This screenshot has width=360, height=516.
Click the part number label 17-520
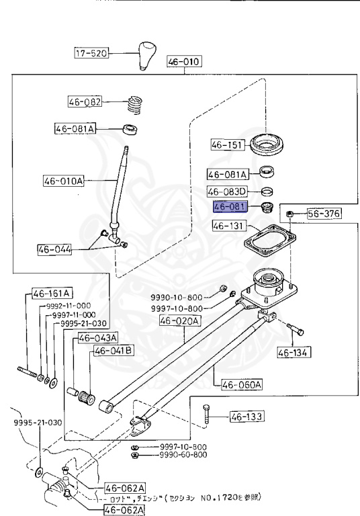click(x=91, y=52)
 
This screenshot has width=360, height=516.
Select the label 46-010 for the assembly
click(x=184, y=62)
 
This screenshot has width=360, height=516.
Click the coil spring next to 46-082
click(x=136, y=104)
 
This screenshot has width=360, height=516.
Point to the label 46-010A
click(x=64, y=181)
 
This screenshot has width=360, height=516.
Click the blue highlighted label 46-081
click(x=230, y=207)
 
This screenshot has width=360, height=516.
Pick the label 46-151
click(x=226, y=144)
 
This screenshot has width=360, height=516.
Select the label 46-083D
click(x=227, y=191)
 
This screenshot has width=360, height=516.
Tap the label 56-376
click(x=324, y=214)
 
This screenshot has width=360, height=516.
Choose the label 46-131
click(x=226, y=226)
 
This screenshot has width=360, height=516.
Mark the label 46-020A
click(x=179, y=321)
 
